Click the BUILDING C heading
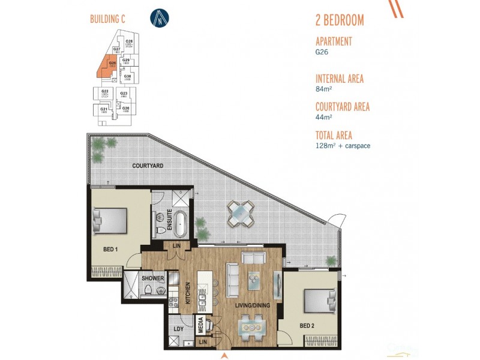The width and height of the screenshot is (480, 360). tap(106, 19)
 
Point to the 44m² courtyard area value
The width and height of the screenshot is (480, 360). tap(324, 117)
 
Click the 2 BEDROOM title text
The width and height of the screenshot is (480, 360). tap(339, 20)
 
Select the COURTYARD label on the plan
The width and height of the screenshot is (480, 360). tap(148, 166)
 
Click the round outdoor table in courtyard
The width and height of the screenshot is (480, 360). tap(241, 212)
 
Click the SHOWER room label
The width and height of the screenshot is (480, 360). tap(153, 278)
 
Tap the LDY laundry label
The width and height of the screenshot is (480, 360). tap(178, 329)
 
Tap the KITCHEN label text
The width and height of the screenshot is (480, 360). tap(188, 293)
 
